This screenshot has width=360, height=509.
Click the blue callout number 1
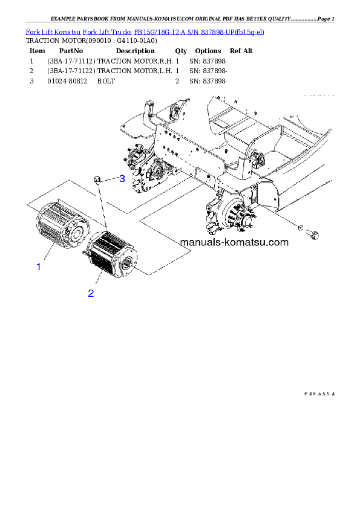pyautogui.click(x=39, y=266)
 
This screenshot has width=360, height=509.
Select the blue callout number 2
pyautogui.click(x=91, y=294)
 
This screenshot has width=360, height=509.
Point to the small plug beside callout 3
pyautogui.click(x=97, y=179)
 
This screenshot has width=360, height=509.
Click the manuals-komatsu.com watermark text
pyautogui.click(x=235, y=243)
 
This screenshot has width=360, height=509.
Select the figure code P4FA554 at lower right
pyautogui.click(x=319, y=394)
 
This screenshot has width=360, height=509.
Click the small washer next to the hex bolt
pyautogui.click(x=301, y=228)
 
